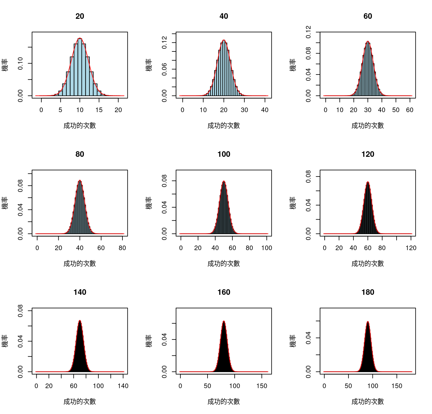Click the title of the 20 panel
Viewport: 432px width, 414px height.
pos(80,16)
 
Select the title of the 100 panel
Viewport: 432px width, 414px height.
pos(224,154)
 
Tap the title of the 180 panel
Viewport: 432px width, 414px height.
pos(368,292)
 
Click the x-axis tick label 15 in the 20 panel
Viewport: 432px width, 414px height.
pos(99,110)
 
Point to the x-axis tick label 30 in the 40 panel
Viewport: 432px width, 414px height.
pos(244,110)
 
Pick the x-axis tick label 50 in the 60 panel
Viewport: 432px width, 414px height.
pos(396,110)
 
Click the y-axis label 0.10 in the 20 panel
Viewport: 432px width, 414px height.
pos(20,63)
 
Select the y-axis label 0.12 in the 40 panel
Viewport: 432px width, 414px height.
pos(164,43)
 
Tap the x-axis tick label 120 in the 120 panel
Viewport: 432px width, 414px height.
pos(411,248)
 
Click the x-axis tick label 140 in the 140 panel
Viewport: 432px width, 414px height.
pos(123,386)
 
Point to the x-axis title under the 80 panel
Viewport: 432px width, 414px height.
pos(80,264)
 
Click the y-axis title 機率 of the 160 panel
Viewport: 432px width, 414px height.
pos(149,341)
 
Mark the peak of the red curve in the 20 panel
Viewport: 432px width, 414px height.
pos(80,38)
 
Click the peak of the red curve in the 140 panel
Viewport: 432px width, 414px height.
pos(80,320)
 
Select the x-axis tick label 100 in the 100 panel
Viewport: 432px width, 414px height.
pos(266,248)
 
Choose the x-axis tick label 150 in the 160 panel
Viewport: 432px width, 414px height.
pos(262,386)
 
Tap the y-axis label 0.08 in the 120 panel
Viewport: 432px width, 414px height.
pos(308,177)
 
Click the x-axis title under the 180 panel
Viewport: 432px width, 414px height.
pos(368,402)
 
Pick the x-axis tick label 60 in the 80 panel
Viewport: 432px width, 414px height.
pos(101,248)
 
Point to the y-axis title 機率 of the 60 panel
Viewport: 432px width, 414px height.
pos(293,65)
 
